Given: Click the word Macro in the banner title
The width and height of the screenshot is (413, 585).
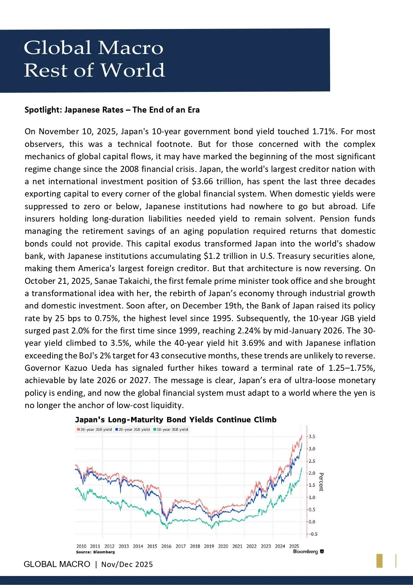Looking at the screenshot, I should point(131,48).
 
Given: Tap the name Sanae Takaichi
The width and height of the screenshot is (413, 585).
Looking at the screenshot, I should point(122,281).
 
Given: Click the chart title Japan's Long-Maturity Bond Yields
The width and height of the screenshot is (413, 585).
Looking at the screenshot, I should point(176,420).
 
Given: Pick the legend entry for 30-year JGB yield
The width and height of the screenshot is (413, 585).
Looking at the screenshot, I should point(95,429).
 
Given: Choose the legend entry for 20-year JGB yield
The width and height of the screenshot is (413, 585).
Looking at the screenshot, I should point(133,429).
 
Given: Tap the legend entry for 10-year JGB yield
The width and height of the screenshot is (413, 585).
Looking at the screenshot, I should point(171,429).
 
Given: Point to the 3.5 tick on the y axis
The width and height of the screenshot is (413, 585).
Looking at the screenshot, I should point(312,437).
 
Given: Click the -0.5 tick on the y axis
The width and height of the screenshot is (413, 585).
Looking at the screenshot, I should point(313,534).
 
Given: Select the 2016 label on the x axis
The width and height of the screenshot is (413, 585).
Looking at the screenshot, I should point(166,546).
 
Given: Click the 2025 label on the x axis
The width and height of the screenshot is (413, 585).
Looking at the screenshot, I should point(294,546).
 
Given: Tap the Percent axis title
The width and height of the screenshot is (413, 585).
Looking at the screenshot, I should point(321,482).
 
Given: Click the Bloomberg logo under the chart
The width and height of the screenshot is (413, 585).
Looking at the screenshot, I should point(308,552).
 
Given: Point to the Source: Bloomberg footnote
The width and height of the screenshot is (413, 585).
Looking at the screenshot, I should point(95,552).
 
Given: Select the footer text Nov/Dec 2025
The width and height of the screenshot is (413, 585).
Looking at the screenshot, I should point(127,564).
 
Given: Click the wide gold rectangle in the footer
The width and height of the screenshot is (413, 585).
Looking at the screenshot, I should point(379,561).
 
